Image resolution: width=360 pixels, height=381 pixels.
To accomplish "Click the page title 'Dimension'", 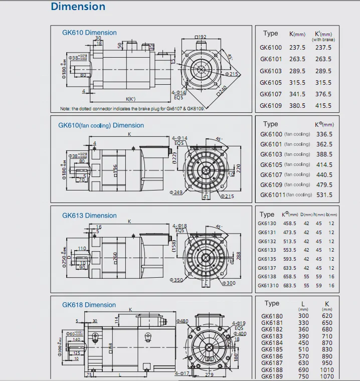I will tap(78, 7).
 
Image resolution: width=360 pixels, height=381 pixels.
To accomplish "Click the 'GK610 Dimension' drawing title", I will tap(89, 33).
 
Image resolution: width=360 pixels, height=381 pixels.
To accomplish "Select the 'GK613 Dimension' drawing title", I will tap(89, 216).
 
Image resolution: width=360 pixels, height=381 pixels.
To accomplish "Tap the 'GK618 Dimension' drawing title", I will tap(89, 305).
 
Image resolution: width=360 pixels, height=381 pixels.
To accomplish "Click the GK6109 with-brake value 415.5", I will tap(323, 106).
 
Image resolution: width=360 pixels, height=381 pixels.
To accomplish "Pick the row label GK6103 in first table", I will tap(271, 71).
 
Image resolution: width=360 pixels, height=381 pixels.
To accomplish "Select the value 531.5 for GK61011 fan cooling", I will tap(324, 195).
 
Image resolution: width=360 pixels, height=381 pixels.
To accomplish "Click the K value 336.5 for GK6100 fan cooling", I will tap(324, 134).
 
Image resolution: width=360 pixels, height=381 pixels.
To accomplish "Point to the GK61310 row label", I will tap(268, 286).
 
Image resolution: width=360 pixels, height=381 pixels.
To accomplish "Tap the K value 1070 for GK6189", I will tap(327, 376).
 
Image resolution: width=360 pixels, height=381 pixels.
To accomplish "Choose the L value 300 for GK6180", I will tap(304, 316).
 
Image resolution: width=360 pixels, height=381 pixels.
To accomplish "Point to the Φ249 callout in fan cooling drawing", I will tap(176, 192).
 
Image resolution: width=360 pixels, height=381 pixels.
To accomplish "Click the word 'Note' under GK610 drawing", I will tap(66, 109).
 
